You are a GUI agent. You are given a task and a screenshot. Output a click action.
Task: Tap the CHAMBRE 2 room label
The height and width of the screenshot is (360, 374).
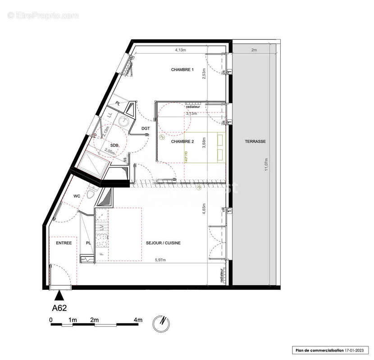(x=182, y=141)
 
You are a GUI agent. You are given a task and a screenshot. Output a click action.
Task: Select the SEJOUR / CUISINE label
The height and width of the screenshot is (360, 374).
(x=163, y=243)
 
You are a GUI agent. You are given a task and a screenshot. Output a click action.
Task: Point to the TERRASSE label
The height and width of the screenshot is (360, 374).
(x=255, y=141)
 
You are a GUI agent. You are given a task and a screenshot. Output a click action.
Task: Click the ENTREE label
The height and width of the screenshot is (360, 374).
(x=64, y=243)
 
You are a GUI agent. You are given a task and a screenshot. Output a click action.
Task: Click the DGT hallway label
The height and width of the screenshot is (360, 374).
(x=145, y=129)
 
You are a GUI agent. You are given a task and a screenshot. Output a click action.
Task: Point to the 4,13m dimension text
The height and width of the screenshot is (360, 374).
(x=182, y=50)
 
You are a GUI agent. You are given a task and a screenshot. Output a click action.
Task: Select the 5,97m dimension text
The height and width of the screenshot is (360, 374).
(x=160, y=260)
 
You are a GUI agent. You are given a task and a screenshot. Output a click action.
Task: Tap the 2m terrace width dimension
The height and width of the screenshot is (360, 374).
(x=254, y=50)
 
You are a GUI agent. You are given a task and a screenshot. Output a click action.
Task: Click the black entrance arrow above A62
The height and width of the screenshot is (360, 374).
(x=59, y=295)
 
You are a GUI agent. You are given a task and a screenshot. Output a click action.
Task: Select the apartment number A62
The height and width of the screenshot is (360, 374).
(x=59, y=309)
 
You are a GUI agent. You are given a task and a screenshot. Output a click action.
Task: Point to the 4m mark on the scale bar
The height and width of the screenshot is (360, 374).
(x=138, y=319)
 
